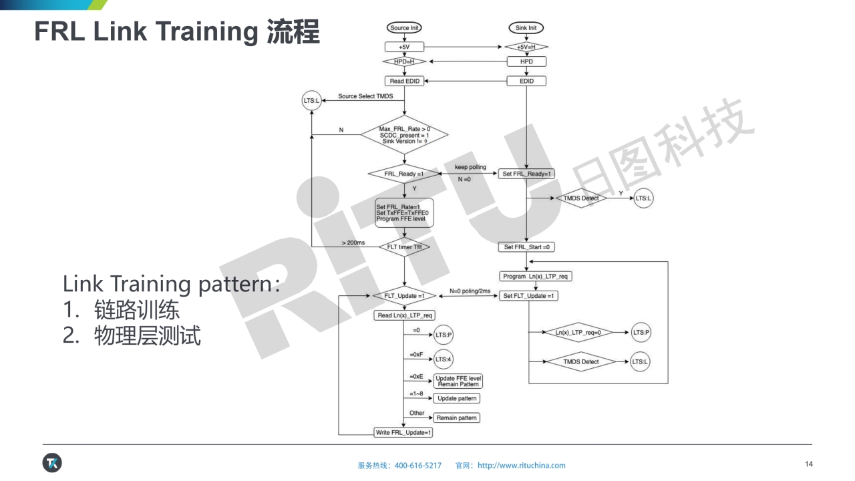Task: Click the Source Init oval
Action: click(x=404, y=28)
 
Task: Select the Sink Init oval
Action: click(x=526, y=28)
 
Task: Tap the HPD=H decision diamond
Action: click(x=404, y=61)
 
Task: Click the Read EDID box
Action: click(x=404, y=82)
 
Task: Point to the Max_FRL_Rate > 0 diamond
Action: click(x=404, y=135)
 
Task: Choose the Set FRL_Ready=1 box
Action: click(x=526, y=174)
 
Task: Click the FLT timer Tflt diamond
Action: click(x=404, y=247)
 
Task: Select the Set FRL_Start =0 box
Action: click(x=526, y=247)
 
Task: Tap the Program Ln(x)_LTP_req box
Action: click(x=536, y=277)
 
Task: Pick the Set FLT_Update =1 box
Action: click(x=530, y=296)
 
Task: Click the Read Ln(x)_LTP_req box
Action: click(x=404, y=315)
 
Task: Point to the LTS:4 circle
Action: click(x=444, y=359)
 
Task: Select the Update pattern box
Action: click(x=457, y=398)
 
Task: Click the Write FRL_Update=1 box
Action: click(x=404, y=432)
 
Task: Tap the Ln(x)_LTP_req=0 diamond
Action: click(x=578, y=332)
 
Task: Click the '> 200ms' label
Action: click(x=353, y=242)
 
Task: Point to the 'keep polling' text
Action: click(x=470, y=167)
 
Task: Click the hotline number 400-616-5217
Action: click(x=418, y=466)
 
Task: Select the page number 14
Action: click(x=809, y=464)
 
